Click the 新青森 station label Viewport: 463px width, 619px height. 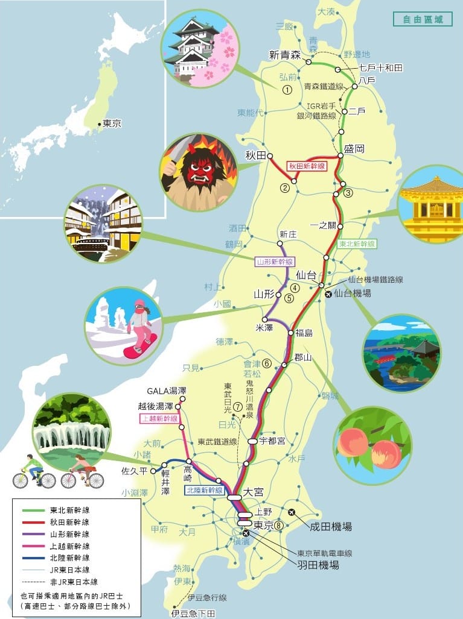(285, 55)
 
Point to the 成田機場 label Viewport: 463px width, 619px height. (330, 526)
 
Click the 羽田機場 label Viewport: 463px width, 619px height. (318, 565)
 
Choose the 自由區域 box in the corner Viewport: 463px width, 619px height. (422, 19)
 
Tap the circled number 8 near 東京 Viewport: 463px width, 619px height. (278, 525)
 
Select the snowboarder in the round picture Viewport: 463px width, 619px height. (140, 325)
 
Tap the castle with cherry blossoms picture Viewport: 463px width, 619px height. (200, 48)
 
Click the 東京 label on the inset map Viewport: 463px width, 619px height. (112, 124)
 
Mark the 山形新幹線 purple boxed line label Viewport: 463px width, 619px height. (274, 262)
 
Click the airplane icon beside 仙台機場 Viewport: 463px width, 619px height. (328, 295)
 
